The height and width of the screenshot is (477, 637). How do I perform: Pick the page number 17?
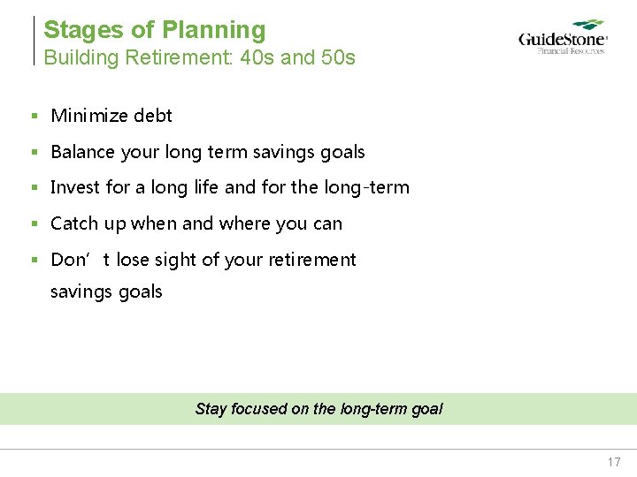click(x=614, y=462)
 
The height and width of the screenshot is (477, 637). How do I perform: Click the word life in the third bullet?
click(x=207, y=187)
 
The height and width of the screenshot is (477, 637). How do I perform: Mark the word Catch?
click(x=74, y=223)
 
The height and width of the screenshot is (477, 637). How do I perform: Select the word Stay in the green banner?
click(x=211, y=409)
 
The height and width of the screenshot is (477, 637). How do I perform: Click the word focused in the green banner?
click(x=258, y=409)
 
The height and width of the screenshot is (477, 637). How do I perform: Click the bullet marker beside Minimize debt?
click(x=34, y=116)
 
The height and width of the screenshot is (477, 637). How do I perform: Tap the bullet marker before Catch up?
click(x=34, y=223)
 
